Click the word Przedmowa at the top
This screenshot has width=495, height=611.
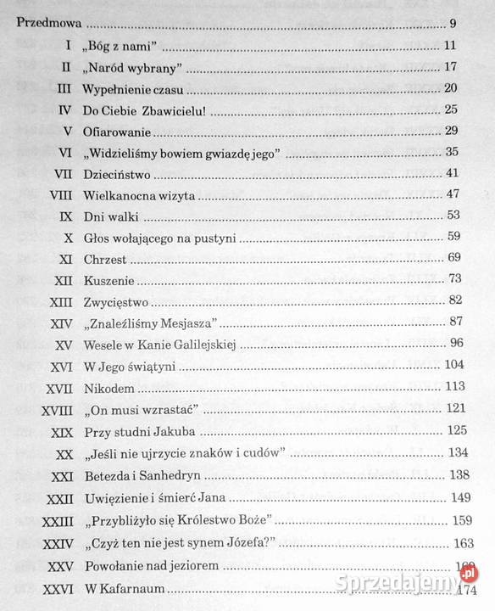(x=49, y=24)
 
